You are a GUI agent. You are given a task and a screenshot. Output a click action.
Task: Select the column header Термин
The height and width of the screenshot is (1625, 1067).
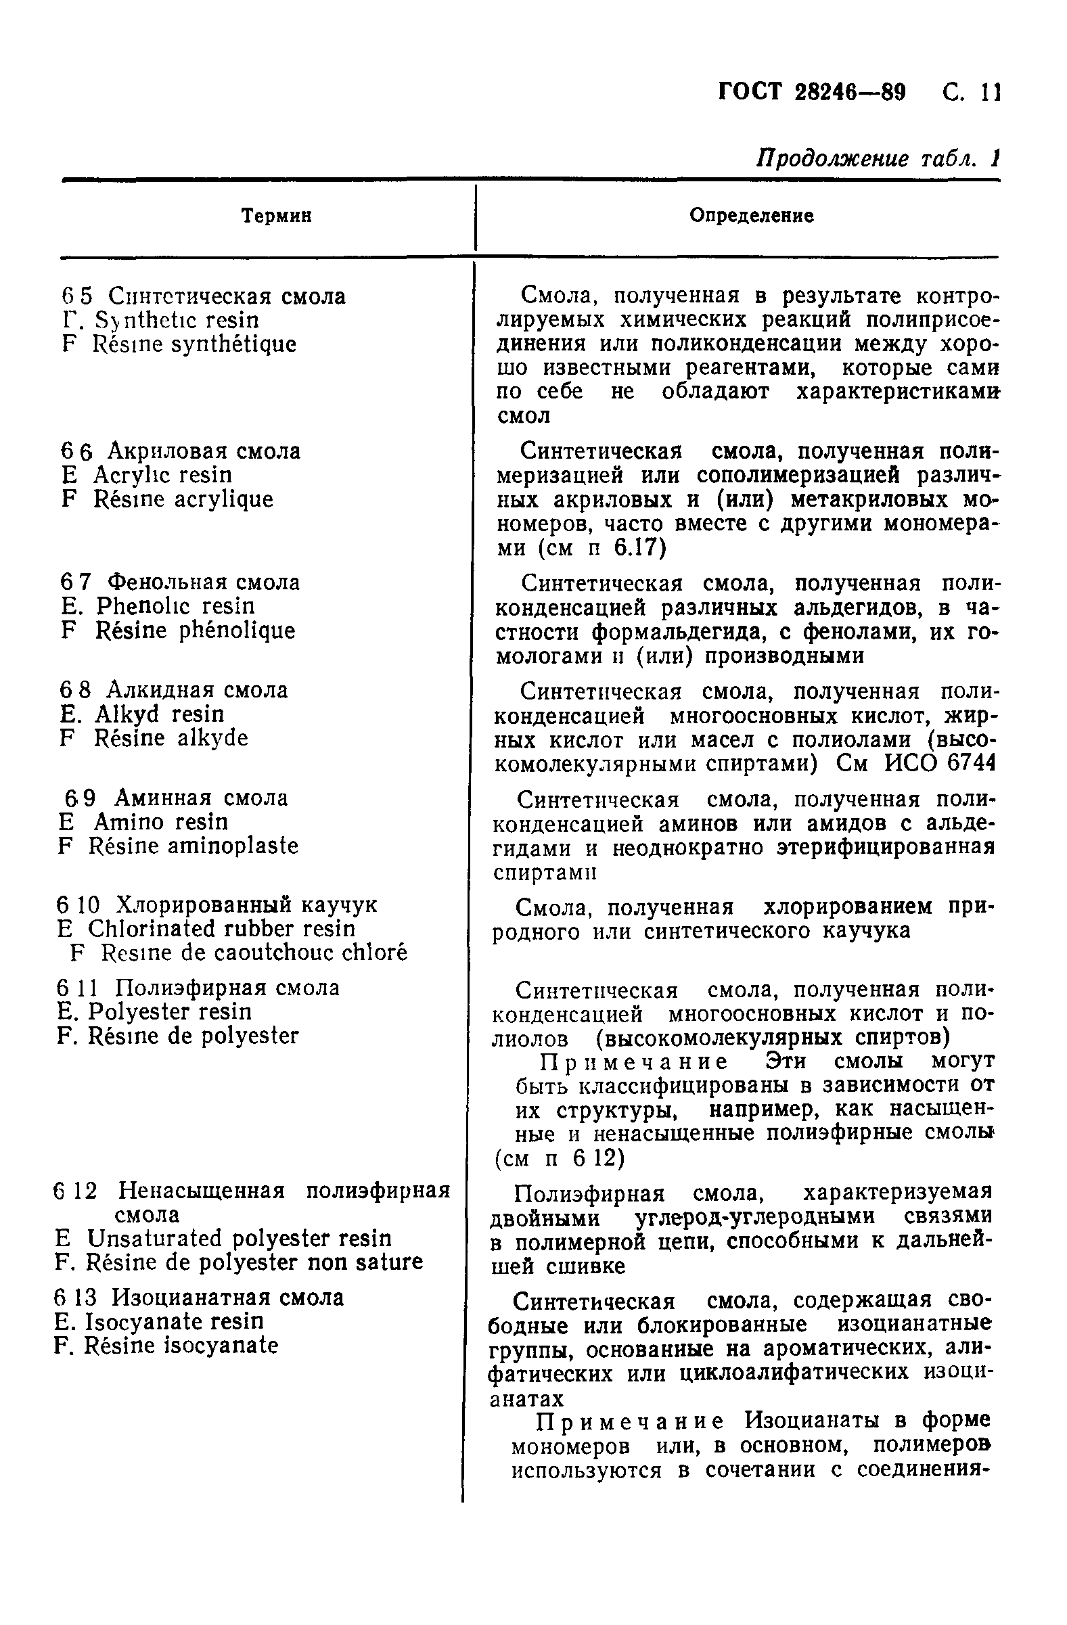click(277, 216)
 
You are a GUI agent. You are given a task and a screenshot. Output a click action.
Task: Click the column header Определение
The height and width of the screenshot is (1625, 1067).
click(751, 216)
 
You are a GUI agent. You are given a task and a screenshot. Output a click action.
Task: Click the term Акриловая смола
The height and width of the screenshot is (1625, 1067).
click(204, 451)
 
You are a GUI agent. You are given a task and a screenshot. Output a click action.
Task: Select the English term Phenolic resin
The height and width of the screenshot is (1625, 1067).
click(175, 606)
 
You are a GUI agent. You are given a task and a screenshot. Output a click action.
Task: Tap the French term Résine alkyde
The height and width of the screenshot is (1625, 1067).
click(171, 738)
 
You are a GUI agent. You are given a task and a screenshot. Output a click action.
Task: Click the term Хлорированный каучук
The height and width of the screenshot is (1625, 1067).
click(246, 905)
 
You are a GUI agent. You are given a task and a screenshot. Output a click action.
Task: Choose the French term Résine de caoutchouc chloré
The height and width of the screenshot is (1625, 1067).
click(254, 953)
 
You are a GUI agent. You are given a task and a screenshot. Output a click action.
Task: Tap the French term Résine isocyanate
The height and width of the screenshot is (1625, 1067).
click(181, 1346)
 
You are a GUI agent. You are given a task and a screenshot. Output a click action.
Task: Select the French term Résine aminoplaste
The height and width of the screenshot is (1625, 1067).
click(194, 846)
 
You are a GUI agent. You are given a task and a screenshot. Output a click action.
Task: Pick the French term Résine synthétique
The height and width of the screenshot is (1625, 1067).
click(195, 344)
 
